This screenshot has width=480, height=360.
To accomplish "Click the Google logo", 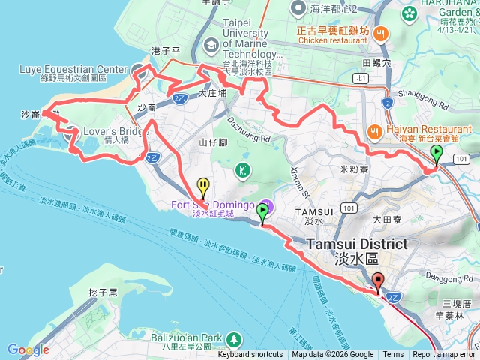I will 28,349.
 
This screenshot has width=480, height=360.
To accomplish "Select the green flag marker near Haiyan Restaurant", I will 436,155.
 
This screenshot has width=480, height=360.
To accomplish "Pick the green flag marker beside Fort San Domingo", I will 262,213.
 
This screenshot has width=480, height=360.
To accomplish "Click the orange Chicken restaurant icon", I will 382,33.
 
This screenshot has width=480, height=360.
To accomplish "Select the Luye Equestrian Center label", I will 73,68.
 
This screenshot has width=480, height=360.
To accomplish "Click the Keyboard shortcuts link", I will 250,355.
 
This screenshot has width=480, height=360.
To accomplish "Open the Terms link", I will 393,355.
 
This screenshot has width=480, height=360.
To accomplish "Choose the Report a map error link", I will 444,355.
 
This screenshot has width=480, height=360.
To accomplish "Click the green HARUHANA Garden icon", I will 409,13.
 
